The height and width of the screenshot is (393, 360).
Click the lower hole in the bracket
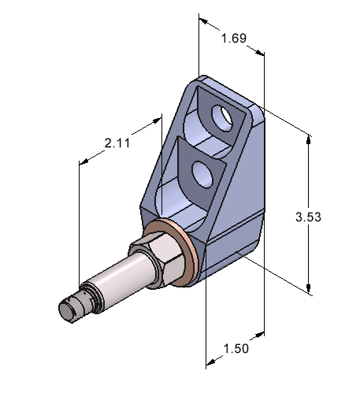[x=202, y=174]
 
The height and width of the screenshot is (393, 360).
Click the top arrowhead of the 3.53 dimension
[x=308, y=139]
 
